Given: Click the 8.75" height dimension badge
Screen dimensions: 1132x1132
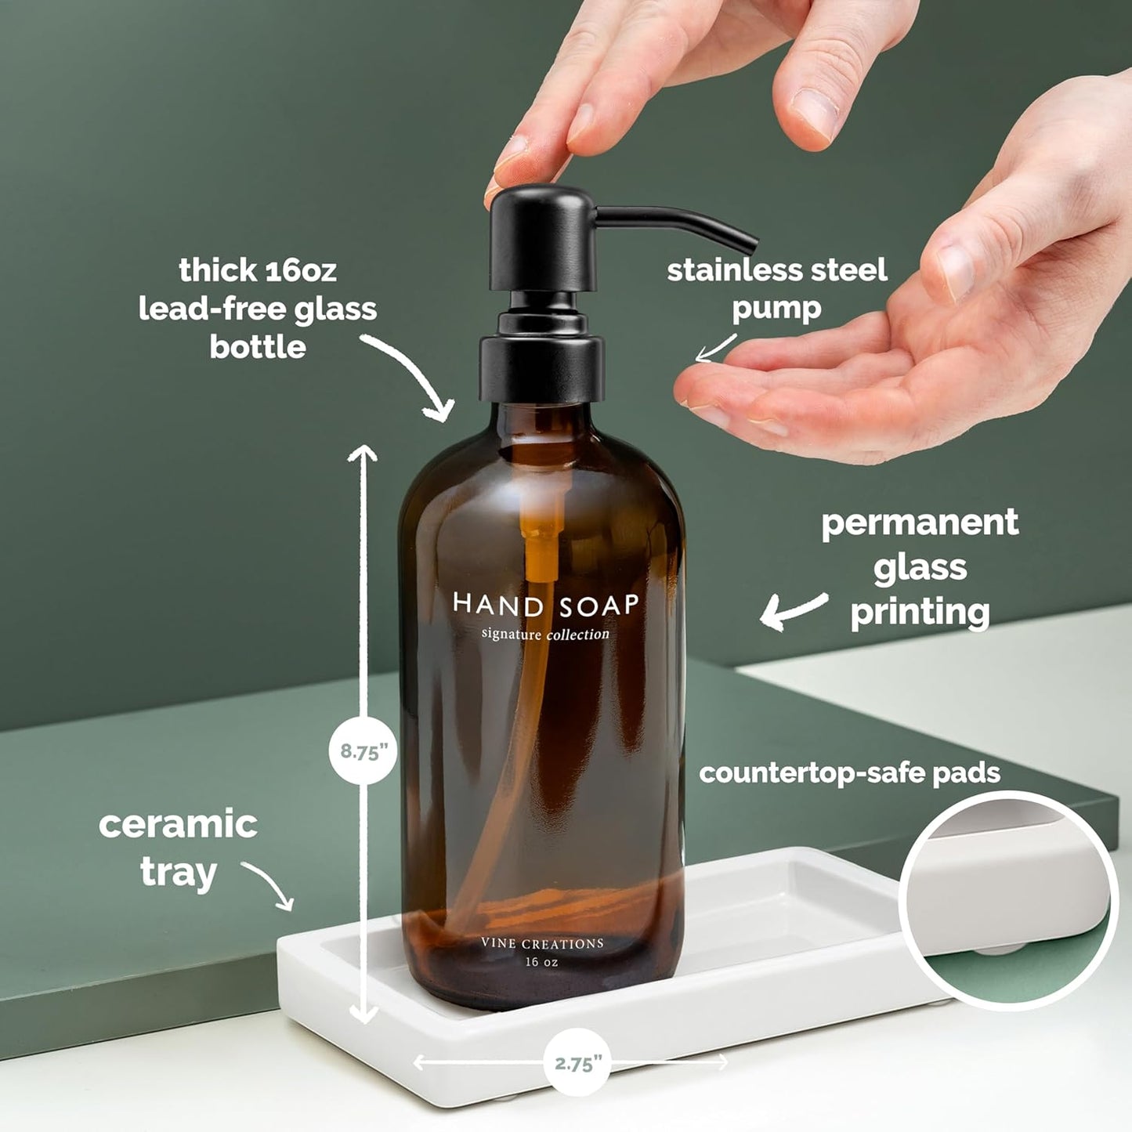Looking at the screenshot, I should (363, 751).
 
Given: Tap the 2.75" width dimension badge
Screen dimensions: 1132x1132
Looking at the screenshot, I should (578, 1062).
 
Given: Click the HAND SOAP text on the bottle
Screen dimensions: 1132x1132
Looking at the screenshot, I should (546, 605).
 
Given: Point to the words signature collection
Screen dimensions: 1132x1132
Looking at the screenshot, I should (545, 634).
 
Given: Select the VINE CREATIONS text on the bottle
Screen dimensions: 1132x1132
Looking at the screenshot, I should (542, 944).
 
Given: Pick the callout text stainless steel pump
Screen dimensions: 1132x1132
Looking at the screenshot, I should (776, 288).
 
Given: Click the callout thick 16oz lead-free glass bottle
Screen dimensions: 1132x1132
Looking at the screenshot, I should (258, 309).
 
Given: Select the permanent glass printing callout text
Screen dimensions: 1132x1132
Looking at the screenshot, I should (920, 567).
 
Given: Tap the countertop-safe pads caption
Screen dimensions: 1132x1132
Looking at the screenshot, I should (849, 773).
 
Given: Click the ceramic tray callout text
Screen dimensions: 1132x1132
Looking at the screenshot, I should (178, 848).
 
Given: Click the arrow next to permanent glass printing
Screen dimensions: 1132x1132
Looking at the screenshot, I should (793, 610).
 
